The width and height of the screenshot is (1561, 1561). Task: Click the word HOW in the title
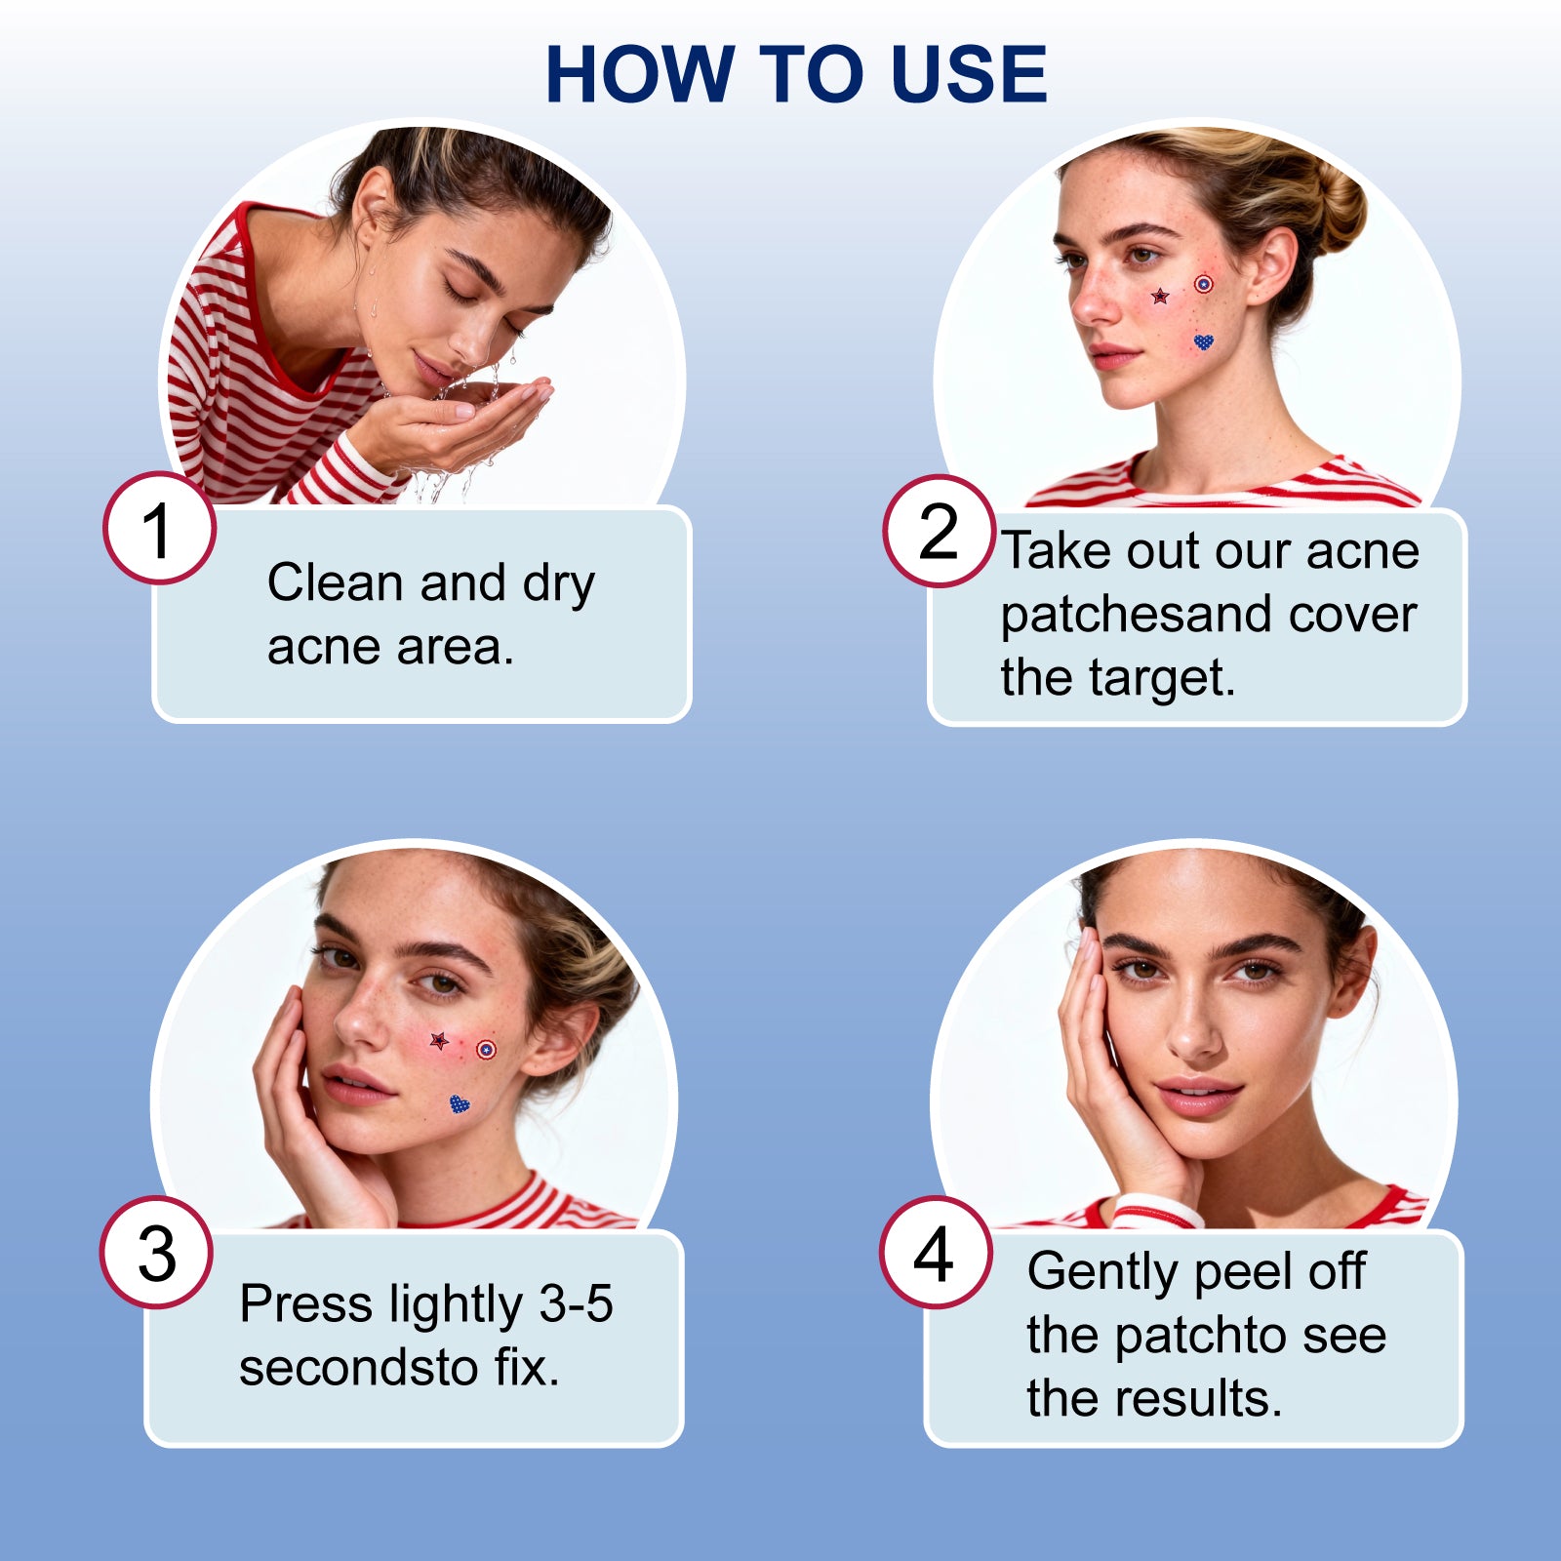click(639, 74)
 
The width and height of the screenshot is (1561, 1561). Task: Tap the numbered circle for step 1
click(159, 529)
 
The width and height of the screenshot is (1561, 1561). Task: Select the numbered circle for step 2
click(939, 531)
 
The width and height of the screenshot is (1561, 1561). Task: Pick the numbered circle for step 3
click(156, 1252)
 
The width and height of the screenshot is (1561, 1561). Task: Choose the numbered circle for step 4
click(935, 1252)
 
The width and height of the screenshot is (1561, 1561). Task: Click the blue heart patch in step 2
click(1204, 341)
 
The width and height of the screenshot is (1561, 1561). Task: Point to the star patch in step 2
click(1160, 296)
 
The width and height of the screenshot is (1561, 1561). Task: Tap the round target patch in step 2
click(1204, 284)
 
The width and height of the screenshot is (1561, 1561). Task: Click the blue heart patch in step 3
click(460, 1104)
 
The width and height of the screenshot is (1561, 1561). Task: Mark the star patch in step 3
click(439, 1040)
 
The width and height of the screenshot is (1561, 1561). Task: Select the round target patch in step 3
click(486, 1050)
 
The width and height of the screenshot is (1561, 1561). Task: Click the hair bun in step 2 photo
click(1335, 205)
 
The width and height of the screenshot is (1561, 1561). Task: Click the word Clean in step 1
click(336, 582)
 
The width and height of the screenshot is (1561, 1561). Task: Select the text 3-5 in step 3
click(577, 1303)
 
